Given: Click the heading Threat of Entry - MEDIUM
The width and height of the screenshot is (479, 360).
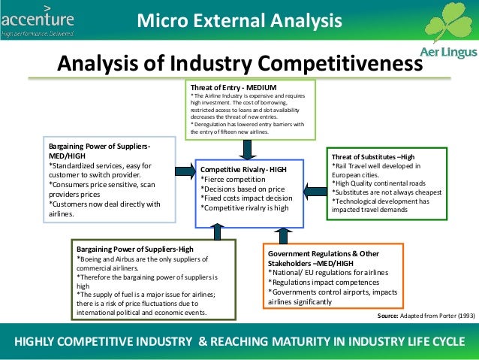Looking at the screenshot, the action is (x=233, y=88).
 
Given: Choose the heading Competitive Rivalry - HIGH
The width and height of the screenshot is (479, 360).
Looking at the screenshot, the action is (x=243, y=169).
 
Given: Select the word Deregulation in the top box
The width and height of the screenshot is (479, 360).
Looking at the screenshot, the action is (x=215, y=124).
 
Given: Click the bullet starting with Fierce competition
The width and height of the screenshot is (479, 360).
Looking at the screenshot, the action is (x=236, y=180).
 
